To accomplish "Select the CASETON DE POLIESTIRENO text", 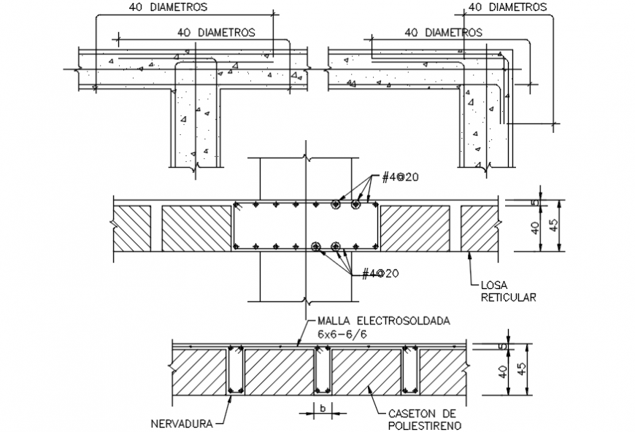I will [420, 418].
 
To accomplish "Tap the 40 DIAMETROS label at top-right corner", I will [507, 7].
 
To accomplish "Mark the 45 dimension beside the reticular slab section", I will [557, 225].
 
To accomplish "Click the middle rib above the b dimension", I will [322, 372].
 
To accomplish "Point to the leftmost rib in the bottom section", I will [236, 372].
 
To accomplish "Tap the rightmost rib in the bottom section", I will [409, 372].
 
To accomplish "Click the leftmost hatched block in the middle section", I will [132, 228].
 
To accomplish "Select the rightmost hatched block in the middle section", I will [479, 228].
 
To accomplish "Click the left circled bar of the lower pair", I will [316, 245].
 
